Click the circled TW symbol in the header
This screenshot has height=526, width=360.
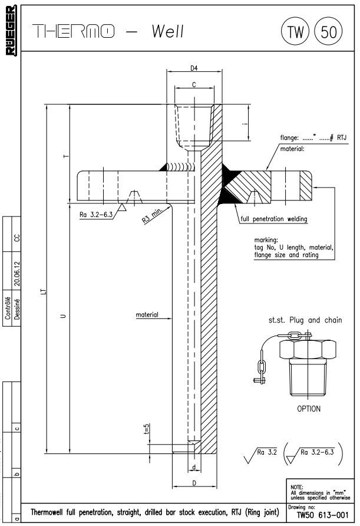point(295,31)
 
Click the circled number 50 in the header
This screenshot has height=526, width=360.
point(329,31)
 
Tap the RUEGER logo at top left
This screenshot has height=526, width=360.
point(11,30)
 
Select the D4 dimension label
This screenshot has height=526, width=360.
point(194,68)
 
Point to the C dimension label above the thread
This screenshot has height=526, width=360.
point(194,85)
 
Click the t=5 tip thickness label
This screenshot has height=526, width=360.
point(146,429)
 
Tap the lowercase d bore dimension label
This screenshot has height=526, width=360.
point(194,468)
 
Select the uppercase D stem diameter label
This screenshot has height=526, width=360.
point(194,483)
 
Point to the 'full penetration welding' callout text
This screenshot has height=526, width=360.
point(274,219)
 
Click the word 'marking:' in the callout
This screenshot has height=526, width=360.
point(266,240)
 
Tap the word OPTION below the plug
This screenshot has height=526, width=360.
point(309,409)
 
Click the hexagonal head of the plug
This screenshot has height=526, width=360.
point(308,350)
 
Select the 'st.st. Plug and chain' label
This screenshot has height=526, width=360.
point(305,320)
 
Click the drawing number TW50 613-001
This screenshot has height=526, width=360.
point(322,515)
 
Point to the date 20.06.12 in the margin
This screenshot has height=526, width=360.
point(17,274)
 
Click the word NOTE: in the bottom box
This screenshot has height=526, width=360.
point(297,486)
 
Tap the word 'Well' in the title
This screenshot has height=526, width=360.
point(167,31)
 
